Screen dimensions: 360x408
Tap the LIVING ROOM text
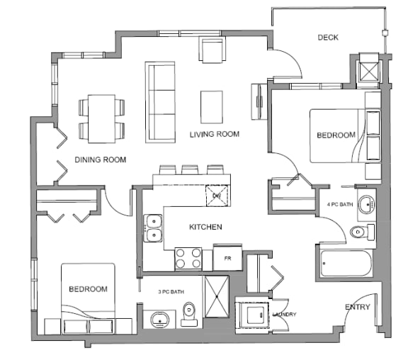[x=214, y=134]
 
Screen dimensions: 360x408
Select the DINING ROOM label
[x=100, y=160]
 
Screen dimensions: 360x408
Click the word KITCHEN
[x=205, y=227]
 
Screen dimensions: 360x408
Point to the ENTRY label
[x=356, y=307]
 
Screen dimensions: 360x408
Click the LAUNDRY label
[x=283, y=314]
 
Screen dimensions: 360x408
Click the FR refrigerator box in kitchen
[x=228, y=258]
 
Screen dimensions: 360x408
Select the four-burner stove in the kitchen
[x=188, y=258]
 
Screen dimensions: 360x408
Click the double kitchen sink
[x=153, y=227]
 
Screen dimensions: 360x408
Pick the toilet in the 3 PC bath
[x=189, y=313]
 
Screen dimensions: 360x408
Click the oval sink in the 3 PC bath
[x=161, y=319]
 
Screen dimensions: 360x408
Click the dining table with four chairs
[x=101, y=118]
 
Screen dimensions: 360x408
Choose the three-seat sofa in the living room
[x=159, y=102]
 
